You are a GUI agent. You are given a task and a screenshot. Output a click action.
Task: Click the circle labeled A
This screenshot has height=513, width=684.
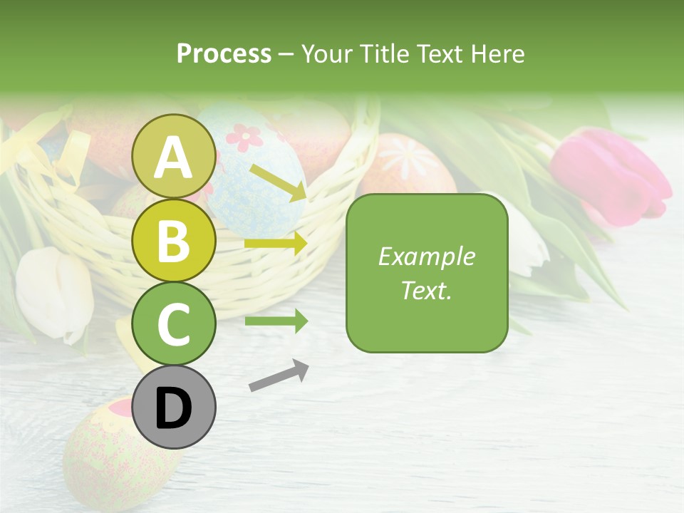coord(173,157)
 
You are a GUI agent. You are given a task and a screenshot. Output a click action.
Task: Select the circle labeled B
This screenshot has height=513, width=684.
coord(173,241)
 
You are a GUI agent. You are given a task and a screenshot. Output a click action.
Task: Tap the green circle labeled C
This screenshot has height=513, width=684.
coord(173,323)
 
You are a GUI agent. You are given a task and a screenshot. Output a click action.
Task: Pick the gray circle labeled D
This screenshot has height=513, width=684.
coord(173,407)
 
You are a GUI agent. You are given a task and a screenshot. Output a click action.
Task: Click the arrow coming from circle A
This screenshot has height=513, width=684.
coord(278,182)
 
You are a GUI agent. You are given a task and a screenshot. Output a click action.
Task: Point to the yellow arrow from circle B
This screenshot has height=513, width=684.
coord(276,244)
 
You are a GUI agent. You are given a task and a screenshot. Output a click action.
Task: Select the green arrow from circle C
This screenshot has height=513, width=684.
coord(276,321)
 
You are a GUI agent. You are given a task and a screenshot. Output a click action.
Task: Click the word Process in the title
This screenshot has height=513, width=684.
coord(224,54)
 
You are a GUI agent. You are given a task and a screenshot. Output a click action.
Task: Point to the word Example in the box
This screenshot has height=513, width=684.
coord(426,256)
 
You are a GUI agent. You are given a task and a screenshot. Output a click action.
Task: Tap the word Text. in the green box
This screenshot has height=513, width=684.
coord(426,290)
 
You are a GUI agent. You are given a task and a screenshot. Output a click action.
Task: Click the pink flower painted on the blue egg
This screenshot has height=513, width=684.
coord(245,137)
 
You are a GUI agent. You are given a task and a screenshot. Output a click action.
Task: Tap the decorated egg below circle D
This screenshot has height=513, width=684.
coord(114,456)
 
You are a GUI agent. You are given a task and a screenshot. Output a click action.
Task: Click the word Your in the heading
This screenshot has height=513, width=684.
coord(325,54)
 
